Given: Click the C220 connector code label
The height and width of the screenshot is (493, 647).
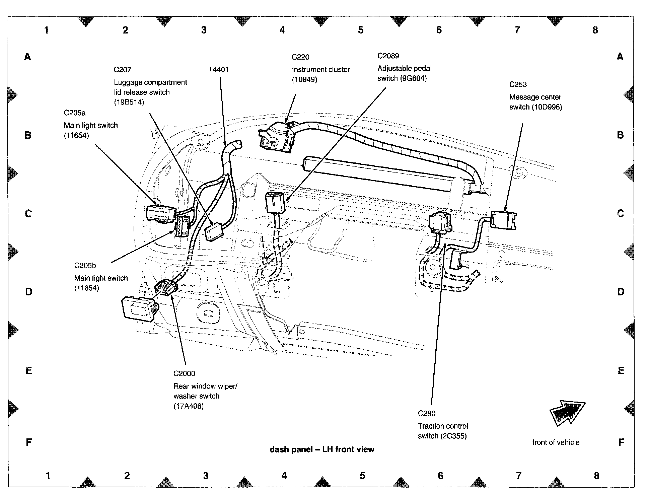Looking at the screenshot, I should coord(300,57).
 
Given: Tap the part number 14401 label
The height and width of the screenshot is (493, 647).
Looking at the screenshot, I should coord(219,70).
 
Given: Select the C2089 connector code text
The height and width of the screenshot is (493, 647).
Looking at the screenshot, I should coord(388,56).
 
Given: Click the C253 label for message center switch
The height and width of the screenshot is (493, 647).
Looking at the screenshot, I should coord(518,85).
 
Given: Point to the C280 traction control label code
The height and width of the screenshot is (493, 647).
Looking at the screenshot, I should coord(427,414).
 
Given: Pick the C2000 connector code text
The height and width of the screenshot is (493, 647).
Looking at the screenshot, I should coord(184,373).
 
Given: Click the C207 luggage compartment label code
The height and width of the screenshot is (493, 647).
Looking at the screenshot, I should coord(122,70).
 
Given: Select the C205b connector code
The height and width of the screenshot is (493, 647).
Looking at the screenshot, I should coord(85,266).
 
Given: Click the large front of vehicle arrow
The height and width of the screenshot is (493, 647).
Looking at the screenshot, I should coord(567,413).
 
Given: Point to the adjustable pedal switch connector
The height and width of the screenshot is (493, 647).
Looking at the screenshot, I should coord(275,203).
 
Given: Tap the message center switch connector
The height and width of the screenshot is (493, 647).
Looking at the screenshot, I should coord(503,220).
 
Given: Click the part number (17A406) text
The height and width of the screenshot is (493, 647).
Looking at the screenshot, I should coord(189,406).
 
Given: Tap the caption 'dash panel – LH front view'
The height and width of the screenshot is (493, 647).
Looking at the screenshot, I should coord(322,449).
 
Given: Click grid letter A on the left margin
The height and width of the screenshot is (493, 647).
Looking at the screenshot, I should coord(27,57).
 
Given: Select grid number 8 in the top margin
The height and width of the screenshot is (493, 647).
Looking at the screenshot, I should coord(595,30).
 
